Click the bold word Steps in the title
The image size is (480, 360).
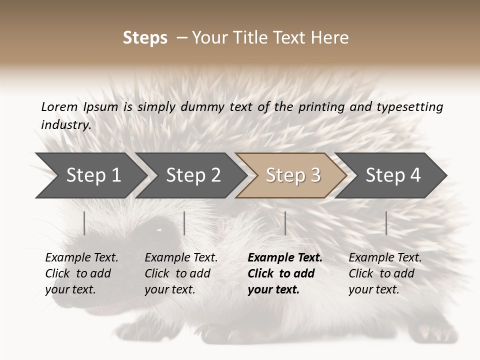click(145, 38)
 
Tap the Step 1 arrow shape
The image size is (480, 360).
click(90, 175)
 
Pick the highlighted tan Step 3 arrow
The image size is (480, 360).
click(292, 175)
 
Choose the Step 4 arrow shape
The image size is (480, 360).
click(392, 175)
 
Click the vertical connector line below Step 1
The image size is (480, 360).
click(84, 223)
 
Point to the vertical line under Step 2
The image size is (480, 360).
click(184, 223)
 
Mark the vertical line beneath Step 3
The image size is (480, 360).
click(285, 223)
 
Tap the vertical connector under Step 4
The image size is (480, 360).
click(386, 223)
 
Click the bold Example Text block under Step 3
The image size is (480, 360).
click(285, 273)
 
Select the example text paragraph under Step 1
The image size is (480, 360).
click(81, 273)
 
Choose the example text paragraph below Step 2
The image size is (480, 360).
click(181, 273)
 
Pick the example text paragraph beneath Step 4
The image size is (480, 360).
click(385, 273)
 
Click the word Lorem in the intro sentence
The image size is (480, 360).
click(59, 106)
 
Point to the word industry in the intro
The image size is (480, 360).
click(65, 125)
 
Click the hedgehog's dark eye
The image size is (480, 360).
click(161, 230)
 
